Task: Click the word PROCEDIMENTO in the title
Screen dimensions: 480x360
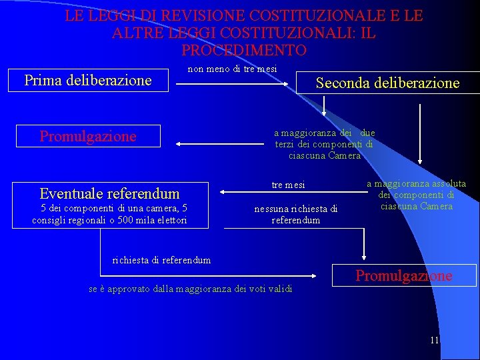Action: pos(243,50)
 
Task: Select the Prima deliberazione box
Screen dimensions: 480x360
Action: pos(88,81)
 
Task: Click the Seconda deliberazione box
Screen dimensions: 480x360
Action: pos(387,83)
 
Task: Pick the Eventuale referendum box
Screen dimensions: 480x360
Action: pos(109,193)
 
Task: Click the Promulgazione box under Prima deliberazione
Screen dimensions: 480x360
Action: pos(88,136)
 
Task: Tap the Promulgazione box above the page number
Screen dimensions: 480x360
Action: pos(403,275)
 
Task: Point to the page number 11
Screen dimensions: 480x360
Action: pos(435,340)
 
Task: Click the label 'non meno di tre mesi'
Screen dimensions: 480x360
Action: pos(232,69)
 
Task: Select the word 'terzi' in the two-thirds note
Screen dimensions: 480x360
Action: pos(285,144)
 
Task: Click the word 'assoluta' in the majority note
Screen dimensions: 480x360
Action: pos(449,184)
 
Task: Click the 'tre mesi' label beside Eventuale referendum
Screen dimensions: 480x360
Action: pos(288,185)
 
